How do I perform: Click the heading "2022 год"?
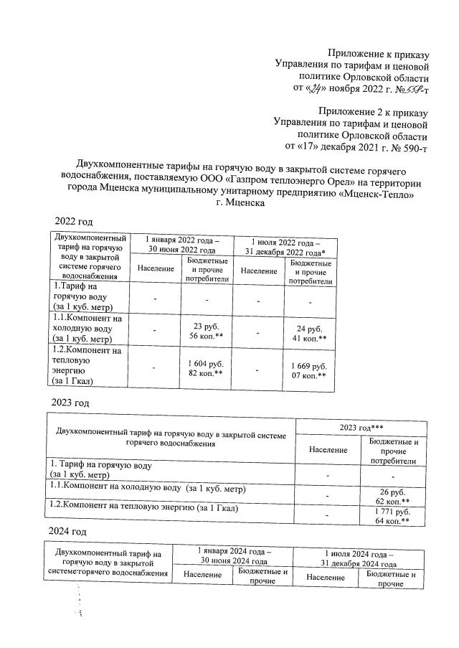tap(75, 220)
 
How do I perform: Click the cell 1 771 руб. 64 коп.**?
tap(392, 516)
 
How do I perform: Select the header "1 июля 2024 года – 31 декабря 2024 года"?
tap(360, 558)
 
